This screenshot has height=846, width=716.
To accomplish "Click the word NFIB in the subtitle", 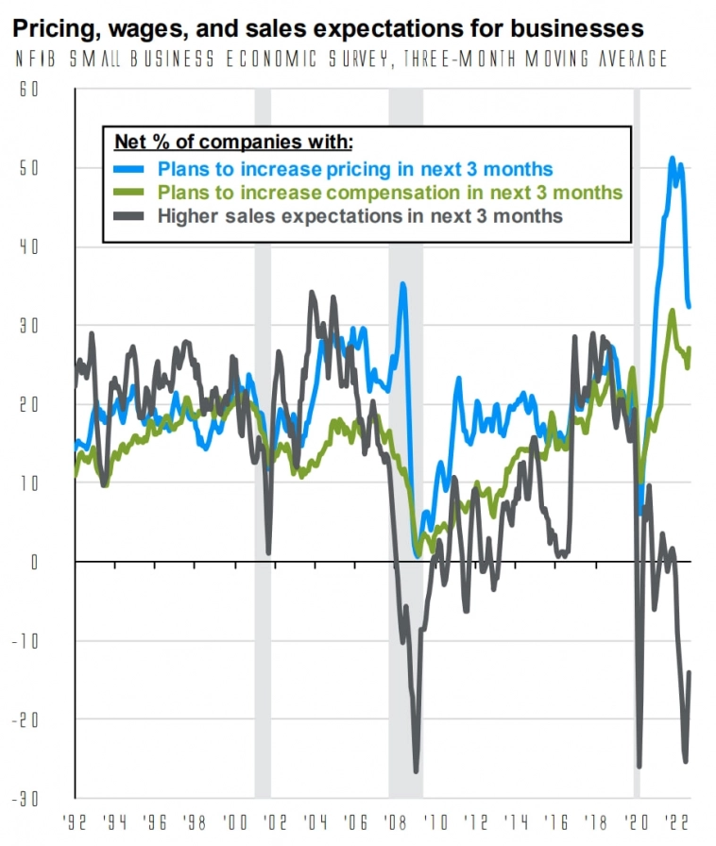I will [x=37, y=59].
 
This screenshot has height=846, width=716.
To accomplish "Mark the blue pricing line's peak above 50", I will [x=672, y=159].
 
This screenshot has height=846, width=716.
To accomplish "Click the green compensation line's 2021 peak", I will [x=672, y=311].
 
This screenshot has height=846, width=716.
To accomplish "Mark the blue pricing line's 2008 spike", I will [x=403, y=283].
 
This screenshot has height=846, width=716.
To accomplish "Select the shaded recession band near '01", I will [x=263, y=444].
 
